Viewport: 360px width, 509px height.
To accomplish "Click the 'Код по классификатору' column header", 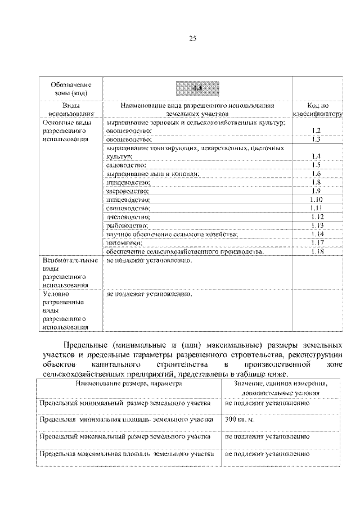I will coord(317,109).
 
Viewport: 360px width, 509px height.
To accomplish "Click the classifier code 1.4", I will coord(316,156).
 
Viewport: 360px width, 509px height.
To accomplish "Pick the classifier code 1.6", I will coord(316,174).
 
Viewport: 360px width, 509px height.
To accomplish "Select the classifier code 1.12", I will coord(317,217).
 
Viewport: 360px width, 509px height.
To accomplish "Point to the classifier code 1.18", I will coord(317,251).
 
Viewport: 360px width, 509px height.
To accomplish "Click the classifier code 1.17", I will coord(317,242).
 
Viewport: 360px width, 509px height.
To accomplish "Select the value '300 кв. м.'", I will coord(240,420).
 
